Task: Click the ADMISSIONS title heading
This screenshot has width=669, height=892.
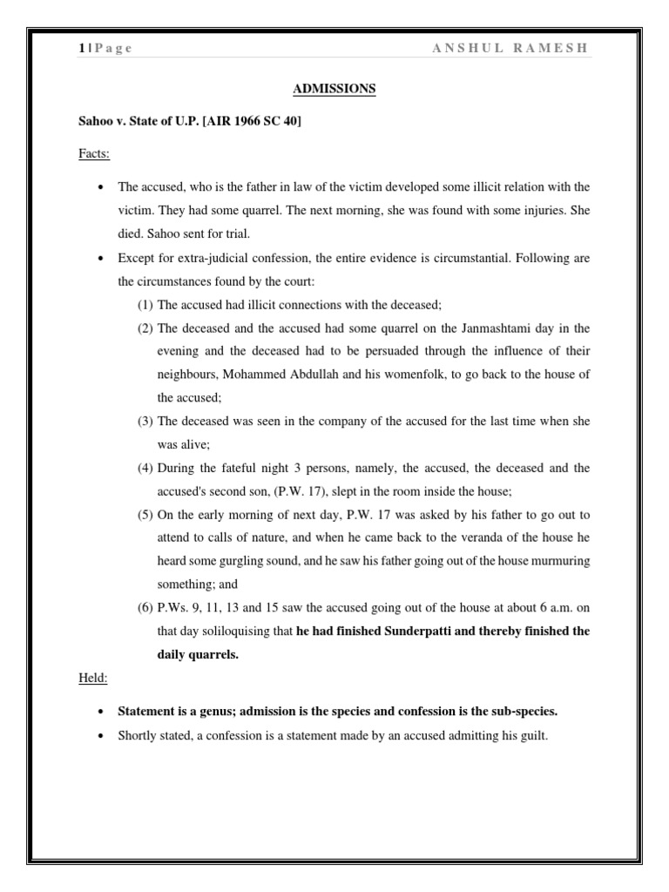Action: (334, 88)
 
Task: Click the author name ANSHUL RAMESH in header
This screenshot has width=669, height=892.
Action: (510, 49)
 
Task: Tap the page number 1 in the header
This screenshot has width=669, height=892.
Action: (81, 49)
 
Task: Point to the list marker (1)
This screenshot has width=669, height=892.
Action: (145, 304)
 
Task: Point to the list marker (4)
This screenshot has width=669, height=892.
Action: (145, 468)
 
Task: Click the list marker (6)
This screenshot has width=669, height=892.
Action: (145, 607)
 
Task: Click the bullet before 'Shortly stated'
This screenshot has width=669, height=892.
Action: (104, 734)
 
